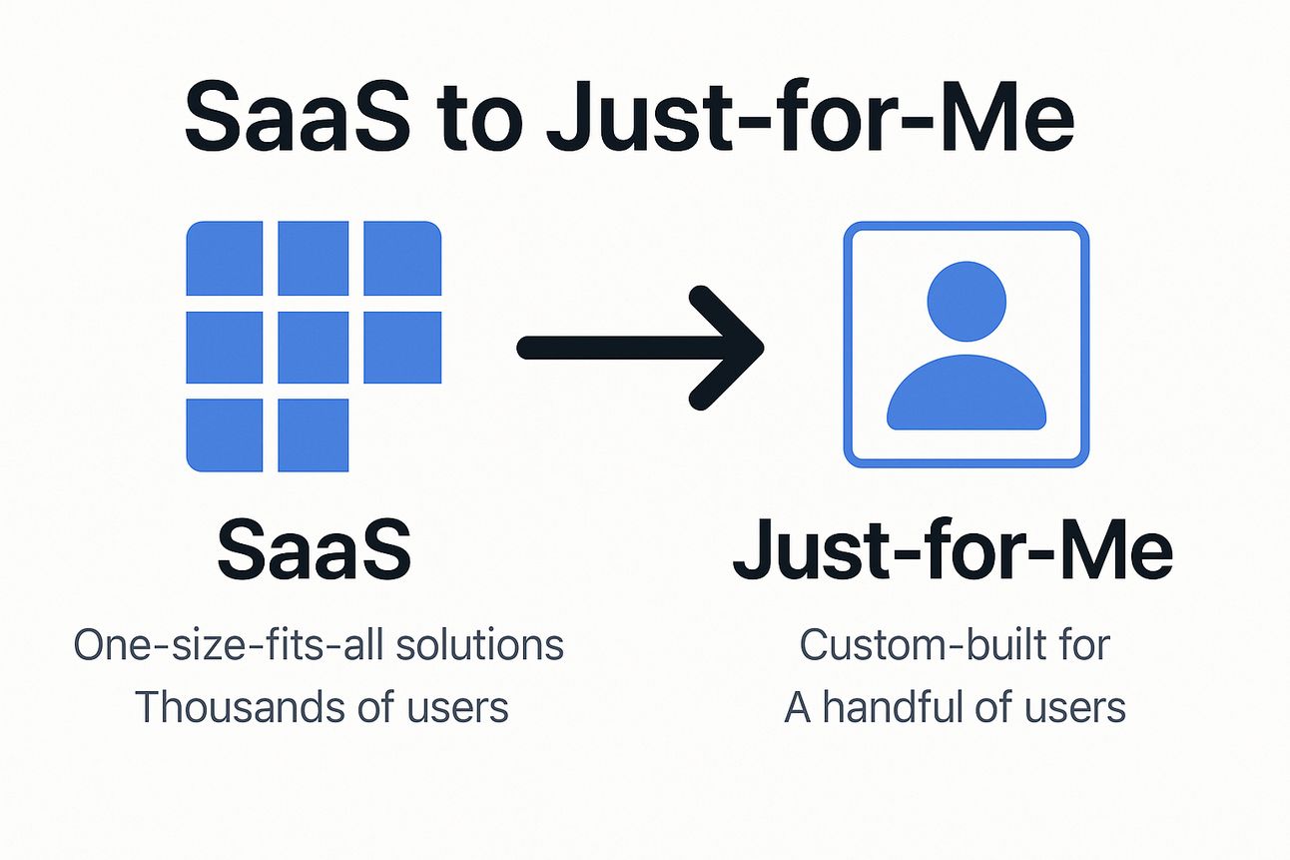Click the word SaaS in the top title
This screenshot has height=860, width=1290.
pyautogui.click(x=298, y=116)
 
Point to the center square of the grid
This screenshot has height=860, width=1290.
pyautogui.click(x=314, y=348)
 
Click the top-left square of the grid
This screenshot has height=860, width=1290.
pyautogui.click(x=225, y=258)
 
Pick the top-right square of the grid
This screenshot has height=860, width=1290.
pyautogui.click(x=402, y=258)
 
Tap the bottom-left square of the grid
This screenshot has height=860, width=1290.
pyautogui.click(x=225, y=434)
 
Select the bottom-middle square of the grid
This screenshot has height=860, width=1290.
pyautogui.click(x=314, y=434)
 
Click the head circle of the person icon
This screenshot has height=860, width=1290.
pyautogui.click(x=967, y=302)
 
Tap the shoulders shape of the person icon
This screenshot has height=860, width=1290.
pyautogui.click(x=967, y=393)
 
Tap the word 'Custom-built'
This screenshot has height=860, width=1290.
pyautogui.click(x=923, y=644)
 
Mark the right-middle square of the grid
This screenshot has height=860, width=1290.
pyautogui.click(x=402, y=348)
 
